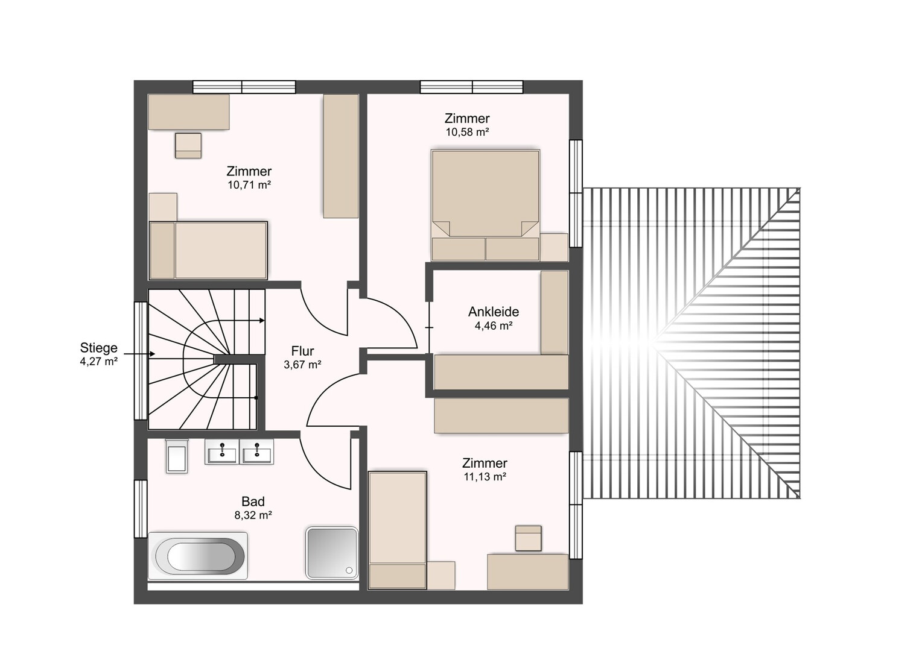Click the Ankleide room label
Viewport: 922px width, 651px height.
(x=493, y=312)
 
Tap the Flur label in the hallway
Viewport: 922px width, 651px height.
(x=302, y=351)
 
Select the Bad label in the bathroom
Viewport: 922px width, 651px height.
(x=253, y=502)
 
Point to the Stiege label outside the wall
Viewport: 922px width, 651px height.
(x=98, y=348)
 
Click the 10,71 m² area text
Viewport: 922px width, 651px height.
(x=249, y=185)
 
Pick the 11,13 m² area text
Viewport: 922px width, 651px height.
(x=485, y=477)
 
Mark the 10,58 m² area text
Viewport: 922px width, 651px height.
(x=467, y=132)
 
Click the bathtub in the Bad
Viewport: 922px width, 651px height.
(x=197, y=556)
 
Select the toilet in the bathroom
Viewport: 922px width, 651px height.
(x=177, y=456)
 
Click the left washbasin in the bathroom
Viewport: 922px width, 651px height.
(x=222, y=452)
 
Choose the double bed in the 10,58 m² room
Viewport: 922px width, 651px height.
(x=485, y=205)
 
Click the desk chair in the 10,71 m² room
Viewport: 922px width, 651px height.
(x=188, y=146)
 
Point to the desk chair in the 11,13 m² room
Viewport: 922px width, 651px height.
(x=528, y=538)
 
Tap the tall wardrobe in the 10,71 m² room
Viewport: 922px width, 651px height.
(x=341, y=156)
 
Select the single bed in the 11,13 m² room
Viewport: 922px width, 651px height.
(x=397, y=530)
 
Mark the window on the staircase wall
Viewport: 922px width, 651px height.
(x=141, y=360)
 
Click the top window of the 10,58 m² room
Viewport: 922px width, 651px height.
(x=472, y=87)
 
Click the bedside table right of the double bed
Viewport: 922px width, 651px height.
(x=554, y=247)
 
